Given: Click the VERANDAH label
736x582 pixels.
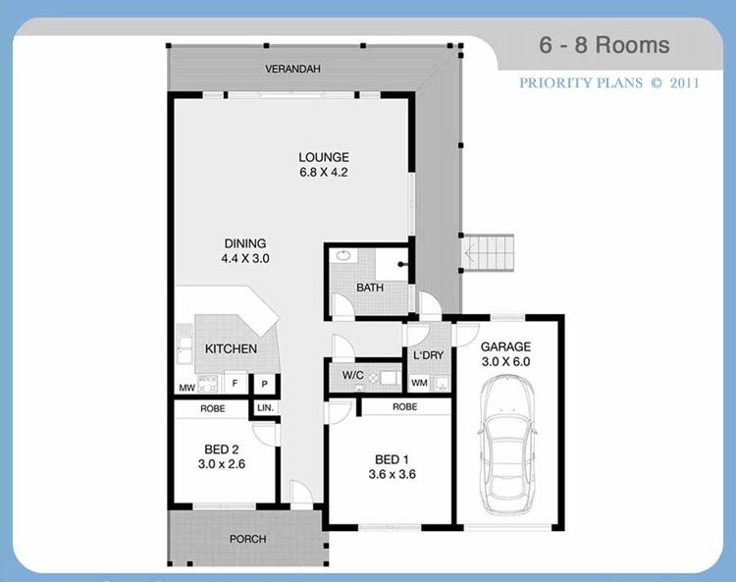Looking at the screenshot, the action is (292, 69).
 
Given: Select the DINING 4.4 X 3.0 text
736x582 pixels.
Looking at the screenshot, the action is (245, 250).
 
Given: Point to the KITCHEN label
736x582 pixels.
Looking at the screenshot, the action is (231, 348).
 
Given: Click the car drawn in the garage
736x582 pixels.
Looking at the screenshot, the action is (508, 444).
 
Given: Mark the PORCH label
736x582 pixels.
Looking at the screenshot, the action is (248, 539).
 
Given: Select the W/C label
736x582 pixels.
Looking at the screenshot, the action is (353, 375).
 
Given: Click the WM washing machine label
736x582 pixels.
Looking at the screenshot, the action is (419, 383).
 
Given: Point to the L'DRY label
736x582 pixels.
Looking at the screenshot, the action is (428, 355).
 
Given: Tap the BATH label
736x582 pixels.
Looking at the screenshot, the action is (370, 288).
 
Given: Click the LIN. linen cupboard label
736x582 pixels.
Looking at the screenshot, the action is (265, 408).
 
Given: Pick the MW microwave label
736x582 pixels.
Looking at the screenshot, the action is (186, 388).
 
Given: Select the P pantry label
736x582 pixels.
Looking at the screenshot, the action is (265, 384).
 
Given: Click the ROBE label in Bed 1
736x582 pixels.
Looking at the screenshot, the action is (404, 406).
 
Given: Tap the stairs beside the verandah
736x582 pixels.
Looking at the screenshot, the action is (489, 253).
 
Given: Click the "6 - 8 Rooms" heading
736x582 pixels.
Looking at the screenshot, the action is (605, 45).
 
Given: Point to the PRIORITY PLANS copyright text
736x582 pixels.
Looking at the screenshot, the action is (608, 83).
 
